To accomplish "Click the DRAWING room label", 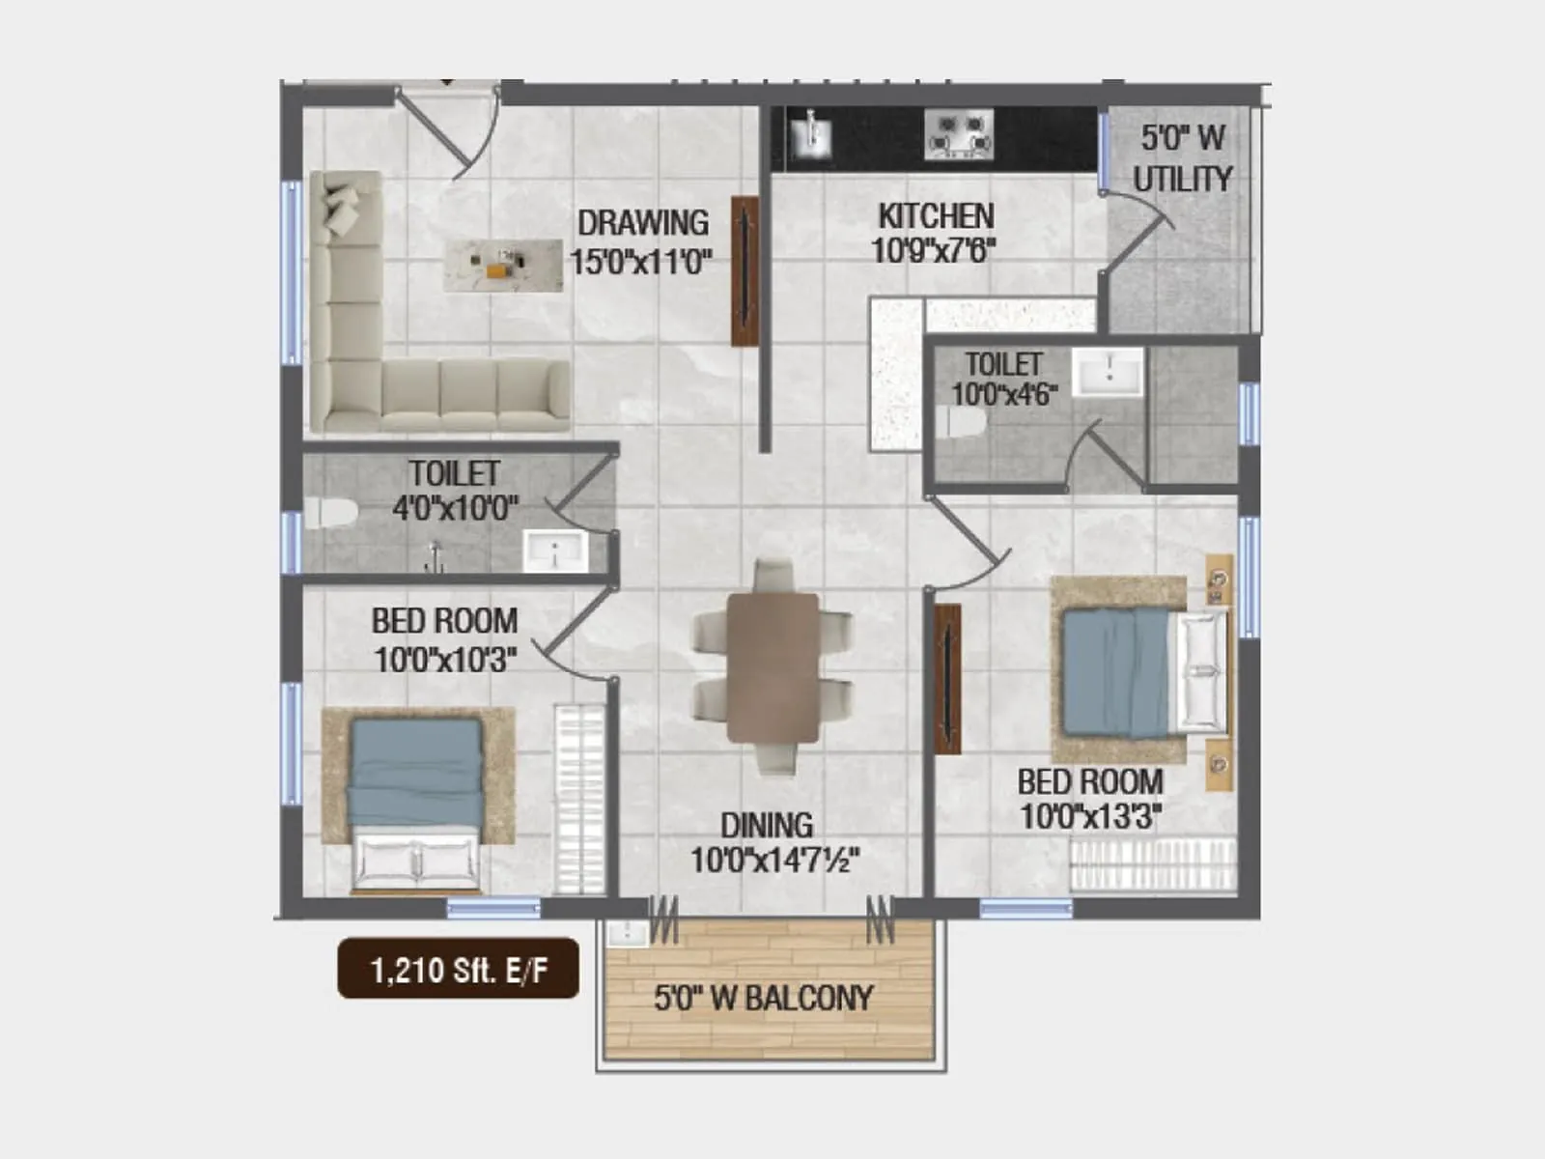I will [642, 223].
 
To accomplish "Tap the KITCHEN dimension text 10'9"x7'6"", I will [933, 251].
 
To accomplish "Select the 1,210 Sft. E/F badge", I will [458, 969].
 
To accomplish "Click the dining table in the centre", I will [772, 667].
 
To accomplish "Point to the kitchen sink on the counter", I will [812, 134].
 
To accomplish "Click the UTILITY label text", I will [1182, 179].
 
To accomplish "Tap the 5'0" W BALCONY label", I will [763, 998].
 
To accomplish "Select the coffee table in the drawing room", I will [503, 265].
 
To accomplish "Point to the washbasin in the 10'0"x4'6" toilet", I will [1110, 372].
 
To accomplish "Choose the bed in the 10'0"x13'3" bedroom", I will [1139, 671].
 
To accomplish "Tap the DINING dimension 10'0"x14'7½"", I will [774, 859].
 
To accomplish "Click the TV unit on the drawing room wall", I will [744, 271].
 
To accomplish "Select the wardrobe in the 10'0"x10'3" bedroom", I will [578, 800].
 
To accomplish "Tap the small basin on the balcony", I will [628, 933].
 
